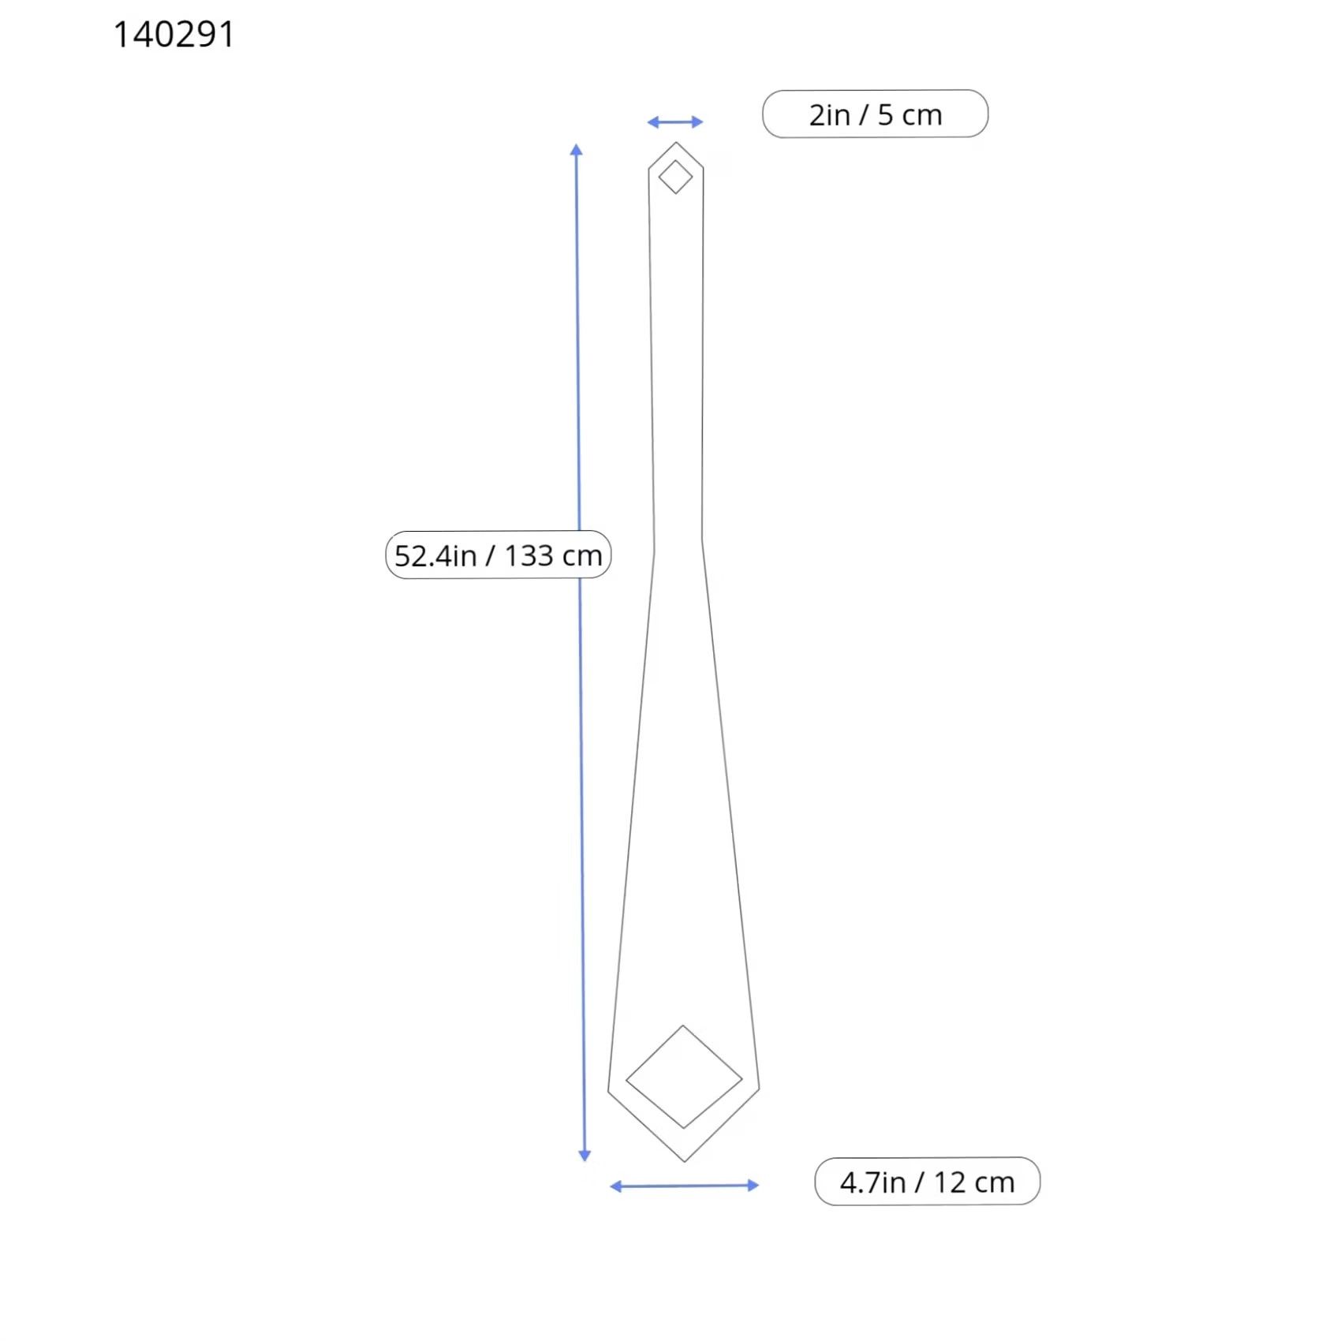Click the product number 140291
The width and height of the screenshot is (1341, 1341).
point(174,35)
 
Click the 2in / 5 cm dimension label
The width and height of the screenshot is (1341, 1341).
point(875,114)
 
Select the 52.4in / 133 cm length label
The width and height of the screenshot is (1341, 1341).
point(498,555)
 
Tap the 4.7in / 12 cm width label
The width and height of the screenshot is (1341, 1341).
point(927,1182)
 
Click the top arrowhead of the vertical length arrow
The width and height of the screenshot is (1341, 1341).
point(577,149)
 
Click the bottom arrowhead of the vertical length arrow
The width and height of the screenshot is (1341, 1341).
point(585,1156)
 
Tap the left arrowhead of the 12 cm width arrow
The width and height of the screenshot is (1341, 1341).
point(616,1186)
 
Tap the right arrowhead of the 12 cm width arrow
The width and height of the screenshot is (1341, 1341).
point(753,1185)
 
